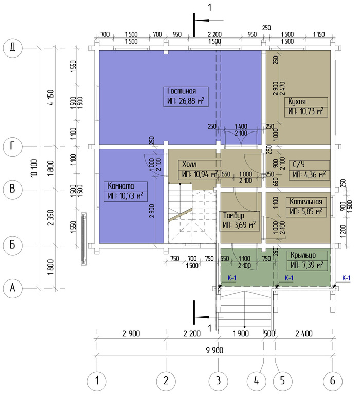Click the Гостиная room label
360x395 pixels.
click(182, 91)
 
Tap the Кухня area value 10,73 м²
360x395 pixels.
click(306, 111)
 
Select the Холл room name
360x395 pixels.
click(189, 164)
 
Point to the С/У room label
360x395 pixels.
click(299, 164)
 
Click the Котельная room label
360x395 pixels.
click(306, 201)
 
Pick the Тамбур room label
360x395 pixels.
click(233, 216)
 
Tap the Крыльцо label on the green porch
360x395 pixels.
click(303, 255)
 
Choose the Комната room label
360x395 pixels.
click(120, 186)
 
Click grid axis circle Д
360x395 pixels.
click(13, 48)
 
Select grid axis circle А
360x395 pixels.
click(13, 288)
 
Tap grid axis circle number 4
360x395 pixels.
click(256, 381)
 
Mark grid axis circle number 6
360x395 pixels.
click(333, 381)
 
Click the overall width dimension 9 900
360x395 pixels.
click(214, 350)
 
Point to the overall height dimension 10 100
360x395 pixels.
click(34, 168)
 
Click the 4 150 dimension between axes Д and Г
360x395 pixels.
click(51, 98)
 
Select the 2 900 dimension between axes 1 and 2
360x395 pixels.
click(131, 334)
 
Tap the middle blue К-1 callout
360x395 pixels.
click(289, 278)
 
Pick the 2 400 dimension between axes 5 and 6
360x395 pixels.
click(304, 334)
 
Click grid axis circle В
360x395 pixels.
click(13, 189)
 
